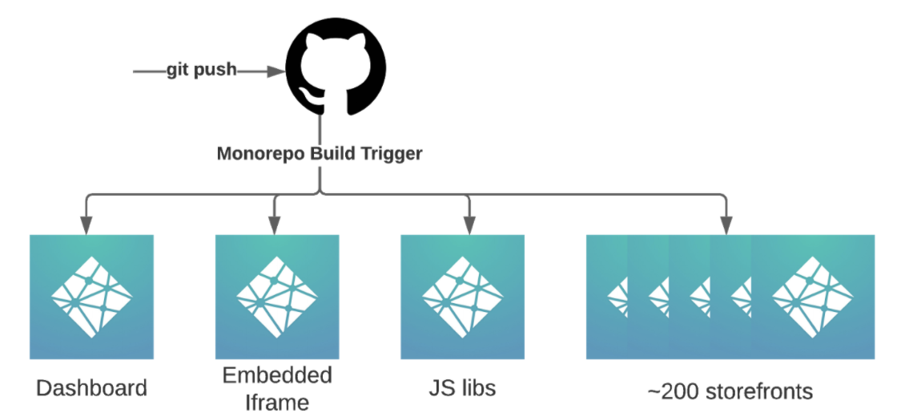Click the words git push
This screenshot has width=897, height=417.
[201, 70]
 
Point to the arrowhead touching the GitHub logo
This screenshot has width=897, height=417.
[276, 71]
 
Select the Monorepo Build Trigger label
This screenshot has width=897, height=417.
[320, 153]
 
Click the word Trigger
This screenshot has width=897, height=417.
[392, 153]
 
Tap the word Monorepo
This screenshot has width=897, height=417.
[255, 153]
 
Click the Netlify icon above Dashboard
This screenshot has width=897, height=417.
[91, 297]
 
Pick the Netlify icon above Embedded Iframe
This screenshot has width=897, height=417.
[276, 297]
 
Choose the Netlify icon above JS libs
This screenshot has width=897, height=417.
[462, 297]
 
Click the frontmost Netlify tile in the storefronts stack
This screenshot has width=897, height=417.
[812, 297]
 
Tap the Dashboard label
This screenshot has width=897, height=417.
[92, 389]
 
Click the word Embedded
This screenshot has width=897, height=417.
[277, 375]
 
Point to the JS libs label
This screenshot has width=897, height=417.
[461, 389]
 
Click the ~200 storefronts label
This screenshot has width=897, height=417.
[729, 391]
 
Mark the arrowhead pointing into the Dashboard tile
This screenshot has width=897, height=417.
[84, 227]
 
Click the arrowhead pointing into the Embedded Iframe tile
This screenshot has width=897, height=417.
[275, 227]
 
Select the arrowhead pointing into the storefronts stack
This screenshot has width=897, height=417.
[726, 227]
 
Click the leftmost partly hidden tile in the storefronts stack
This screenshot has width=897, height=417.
[605, 297]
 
